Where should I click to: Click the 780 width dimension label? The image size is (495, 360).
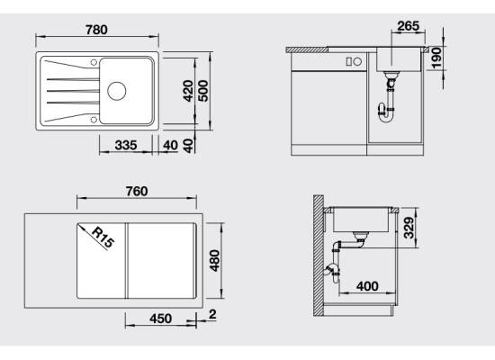tap(96, 30)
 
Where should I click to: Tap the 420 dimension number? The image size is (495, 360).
tap(188, 91)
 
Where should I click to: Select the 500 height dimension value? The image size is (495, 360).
tap(203, 91)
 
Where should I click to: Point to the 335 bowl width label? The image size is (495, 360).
tap(126, 145)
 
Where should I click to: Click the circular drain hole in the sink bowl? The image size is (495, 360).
tap(116, 91)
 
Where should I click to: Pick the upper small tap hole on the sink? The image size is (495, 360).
tap(94, 62)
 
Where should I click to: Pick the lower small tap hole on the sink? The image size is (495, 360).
tap(94, 120)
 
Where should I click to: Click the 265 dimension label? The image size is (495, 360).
tap(409, 26)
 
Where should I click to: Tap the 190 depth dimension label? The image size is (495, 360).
tap(436, 58)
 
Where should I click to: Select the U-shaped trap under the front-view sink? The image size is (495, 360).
tap(386, 114)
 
